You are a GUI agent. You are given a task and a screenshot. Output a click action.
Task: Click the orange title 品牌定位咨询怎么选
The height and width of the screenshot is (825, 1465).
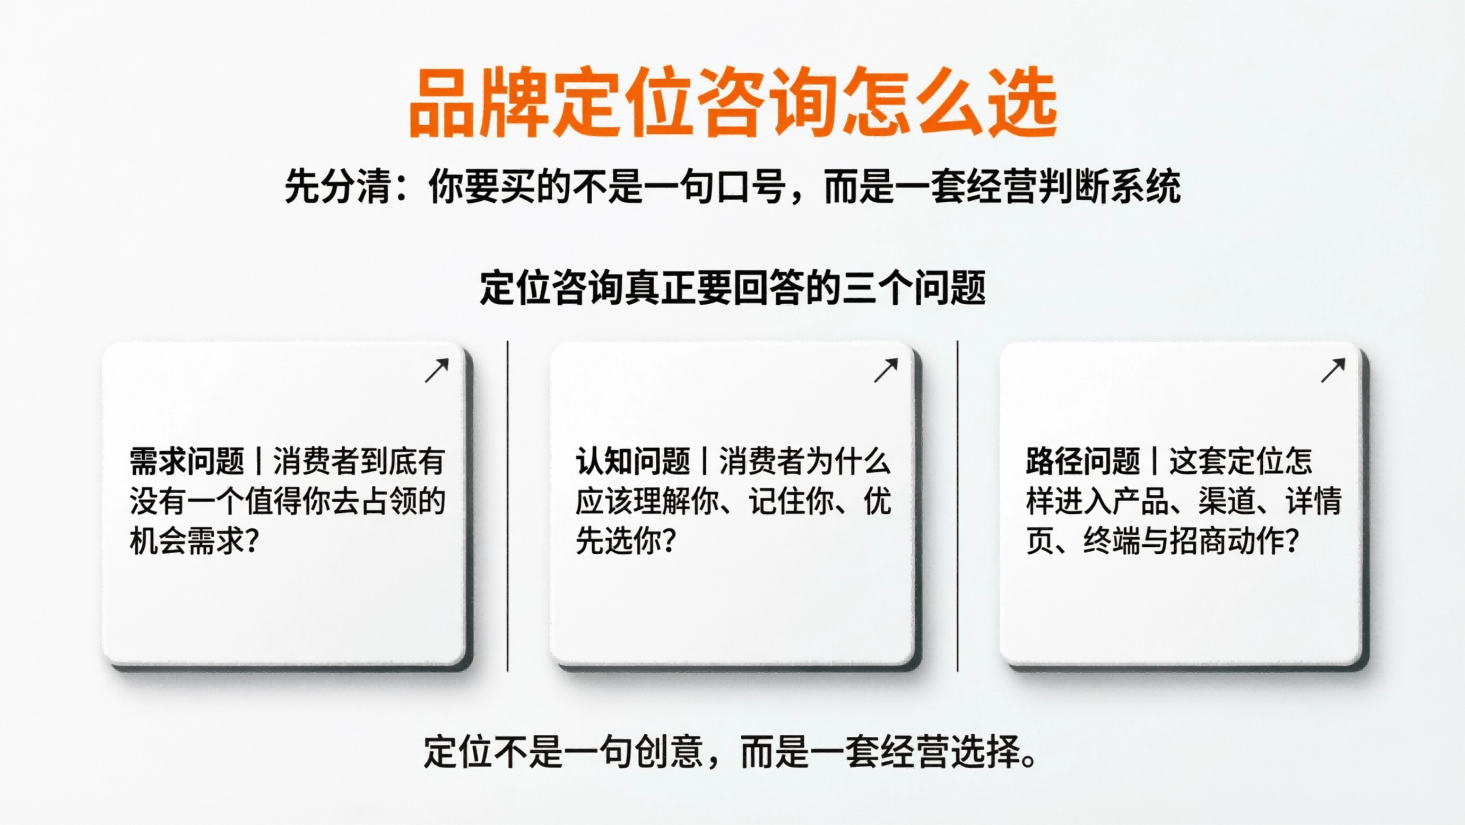coord(732,102)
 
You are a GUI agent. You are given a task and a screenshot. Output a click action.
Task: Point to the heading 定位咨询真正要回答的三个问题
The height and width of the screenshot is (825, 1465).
coord(732,288)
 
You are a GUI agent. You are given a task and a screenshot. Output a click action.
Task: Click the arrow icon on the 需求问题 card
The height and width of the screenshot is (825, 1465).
coord(437,371)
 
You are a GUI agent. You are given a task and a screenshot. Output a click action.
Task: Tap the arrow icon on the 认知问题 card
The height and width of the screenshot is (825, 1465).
coord(886,371)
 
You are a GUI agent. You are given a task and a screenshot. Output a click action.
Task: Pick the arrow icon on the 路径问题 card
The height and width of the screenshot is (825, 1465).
coord(1333,371)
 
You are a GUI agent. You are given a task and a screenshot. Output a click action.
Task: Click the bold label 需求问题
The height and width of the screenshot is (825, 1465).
coord(187,461)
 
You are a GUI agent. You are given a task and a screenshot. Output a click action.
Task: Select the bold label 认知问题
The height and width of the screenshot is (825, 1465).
coord(633,461)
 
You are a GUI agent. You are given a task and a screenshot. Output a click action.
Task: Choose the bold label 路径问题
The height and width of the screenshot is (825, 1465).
coord(1083,461)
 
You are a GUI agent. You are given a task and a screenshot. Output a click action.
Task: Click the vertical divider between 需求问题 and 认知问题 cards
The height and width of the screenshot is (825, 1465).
coord(507,506)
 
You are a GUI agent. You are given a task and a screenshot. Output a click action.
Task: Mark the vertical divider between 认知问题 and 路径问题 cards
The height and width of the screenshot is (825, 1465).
coord(958,506)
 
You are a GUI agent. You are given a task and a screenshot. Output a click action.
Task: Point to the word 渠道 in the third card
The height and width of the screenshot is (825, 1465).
coord(1227,501)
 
